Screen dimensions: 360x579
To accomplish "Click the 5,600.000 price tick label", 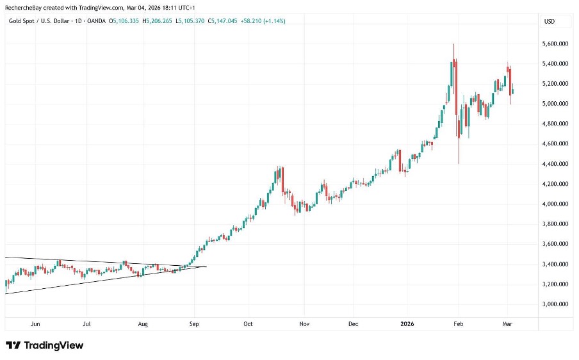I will [555, 44].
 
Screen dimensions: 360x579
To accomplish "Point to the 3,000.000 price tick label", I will [555, 304].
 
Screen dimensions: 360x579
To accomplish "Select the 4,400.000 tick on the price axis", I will [555, 164].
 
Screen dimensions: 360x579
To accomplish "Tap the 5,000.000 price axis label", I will [555, 104].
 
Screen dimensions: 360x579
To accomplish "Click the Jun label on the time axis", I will [36, 324].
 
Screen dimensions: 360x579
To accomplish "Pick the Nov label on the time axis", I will [304, 324].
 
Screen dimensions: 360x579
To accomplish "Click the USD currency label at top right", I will [549, 21].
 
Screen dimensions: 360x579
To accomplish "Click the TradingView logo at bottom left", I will [45, 345].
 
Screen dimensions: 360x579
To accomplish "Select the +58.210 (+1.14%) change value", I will [263, 21].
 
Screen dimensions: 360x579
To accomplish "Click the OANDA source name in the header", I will [97, 21].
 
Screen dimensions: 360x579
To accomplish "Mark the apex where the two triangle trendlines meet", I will [206, 266].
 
